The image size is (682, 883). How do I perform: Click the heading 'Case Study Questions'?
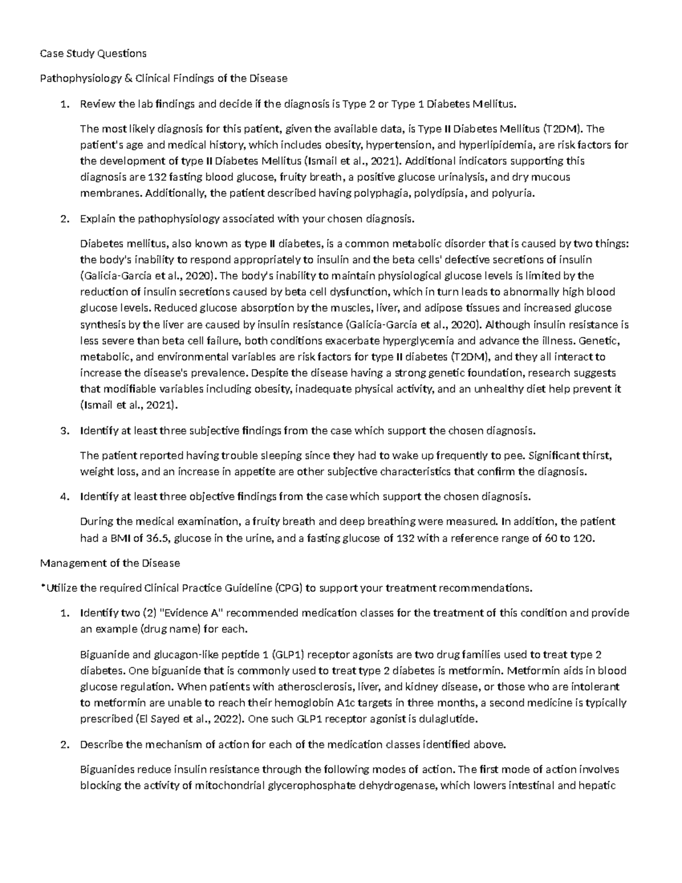point(93,53)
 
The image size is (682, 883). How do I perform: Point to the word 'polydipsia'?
point(439,193)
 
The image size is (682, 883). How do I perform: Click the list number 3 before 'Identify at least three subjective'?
point(64,431)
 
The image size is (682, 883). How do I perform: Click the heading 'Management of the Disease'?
point(110,563)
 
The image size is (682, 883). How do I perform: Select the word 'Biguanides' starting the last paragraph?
point(106,770)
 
